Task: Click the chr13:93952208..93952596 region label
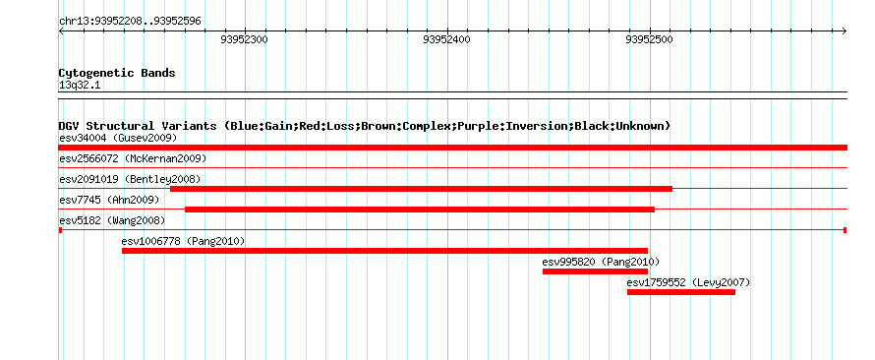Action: pos(130,22)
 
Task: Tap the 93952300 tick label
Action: pos(245,39)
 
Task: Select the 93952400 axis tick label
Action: pos(447,39)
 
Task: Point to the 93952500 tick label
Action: pos(650,39)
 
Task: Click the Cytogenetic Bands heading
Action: pos(117,73)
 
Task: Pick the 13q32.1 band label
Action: pos(80,86)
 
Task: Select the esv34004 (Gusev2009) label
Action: pos(118,138)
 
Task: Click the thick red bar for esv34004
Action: pos(452,148)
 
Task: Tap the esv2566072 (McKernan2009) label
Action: pos(133,158)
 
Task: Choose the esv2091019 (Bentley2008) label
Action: pos(130,179)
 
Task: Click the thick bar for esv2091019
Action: pos(422,189)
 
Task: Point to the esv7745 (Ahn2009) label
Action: pos(109,200)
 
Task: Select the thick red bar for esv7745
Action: pos(420,210)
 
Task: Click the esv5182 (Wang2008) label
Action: pos(112,220)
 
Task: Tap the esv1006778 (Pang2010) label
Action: pos(183,241)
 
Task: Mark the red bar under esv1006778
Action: pos(384,251)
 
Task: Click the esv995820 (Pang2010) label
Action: pos(601,262)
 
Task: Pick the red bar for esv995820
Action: pos(595,271)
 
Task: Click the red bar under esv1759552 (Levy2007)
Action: pos(680,292)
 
